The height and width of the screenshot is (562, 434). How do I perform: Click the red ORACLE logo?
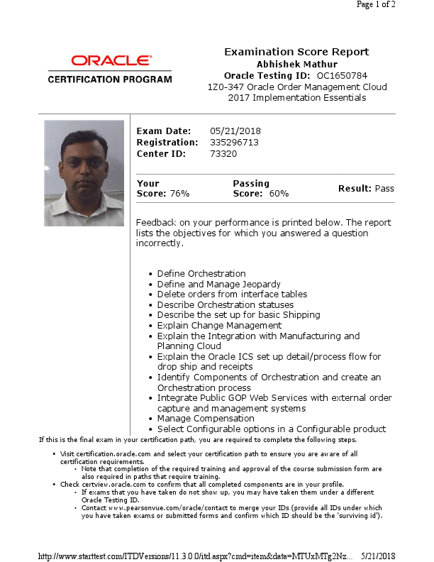coord(110,61)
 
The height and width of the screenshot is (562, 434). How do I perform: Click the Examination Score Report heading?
coord(296,52)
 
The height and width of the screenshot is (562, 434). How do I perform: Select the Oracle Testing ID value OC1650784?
coord(342,75)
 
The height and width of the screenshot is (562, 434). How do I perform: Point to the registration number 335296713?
coord(235,142)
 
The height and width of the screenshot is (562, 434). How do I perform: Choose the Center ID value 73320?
coord(223,153)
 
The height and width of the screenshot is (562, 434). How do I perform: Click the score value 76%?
coord(179,193)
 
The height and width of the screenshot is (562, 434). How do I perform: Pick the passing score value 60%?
coord(279,193)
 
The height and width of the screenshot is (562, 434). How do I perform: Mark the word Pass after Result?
coord(384,188)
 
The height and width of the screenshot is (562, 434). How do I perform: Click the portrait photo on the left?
coord(84,173)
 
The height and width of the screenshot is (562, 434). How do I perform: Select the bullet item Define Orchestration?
coord(201,273)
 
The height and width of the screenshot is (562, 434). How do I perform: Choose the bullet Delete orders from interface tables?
coord(232,294)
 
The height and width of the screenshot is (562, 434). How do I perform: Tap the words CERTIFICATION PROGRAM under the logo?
coord(110,79)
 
